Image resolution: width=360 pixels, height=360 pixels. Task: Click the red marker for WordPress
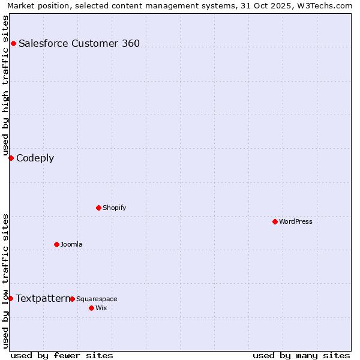(x=275, y=221)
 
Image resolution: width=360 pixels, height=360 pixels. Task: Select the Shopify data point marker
(x=98, y=208)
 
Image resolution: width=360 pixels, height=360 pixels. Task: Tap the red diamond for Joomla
(x=56, y=244)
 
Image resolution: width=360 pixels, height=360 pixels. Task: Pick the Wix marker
(x=91, y=308)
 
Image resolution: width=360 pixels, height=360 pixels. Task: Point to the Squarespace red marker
(x=72, y=299)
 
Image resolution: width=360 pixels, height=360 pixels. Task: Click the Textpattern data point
(x=10, y=298)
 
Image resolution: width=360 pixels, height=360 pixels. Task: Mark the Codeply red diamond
(x=11, y=158)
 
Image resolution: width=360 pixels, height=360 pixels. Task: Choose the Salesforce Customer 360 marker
(x=13, y=43)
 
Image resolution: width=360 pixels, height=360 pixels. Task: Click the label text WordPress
(x=296, y=221)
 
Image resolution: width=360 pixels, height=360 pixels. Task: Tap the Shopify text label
(x=114, y=208)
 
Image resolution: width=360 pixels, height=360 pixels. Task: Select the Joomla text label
(x=71, y=244)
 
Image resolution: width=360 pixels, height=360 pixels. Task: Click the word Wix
(x=101, y=308)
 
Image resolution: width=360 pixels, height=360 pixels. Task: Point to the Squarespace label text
(x=97, y=299)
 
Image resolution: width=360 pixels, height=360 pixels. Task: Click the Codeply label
(x=35, y=158)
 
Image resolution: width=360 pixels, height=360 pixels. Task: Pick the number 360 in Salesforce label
(x=130, y=43)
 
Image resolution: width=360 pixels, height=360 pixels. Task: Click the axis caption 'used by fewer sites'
(x=62, y=355)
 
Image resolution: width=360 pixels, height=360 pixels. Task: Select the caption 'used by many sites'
(x=301, y=355)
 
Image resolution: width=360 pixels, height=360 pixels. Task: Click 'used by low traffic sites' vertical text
(x=5, y=281)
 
